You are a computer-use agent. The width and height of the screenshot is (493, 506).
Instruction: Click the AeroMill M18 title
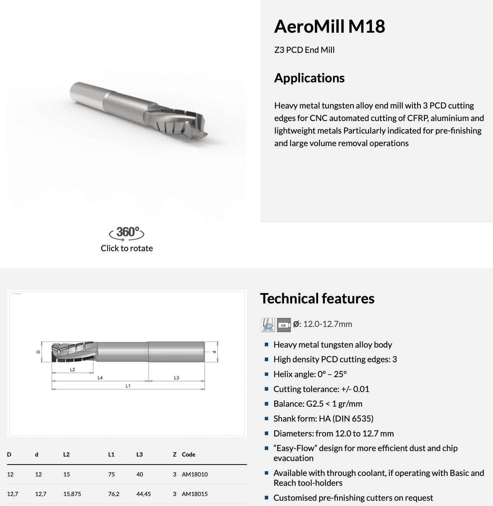point(329,26)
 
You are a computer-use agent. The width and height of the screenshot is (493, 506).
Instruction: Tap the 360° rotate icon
point(126,233)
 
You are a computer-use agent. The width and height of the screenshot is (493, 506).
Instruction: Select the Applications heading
point(309,78)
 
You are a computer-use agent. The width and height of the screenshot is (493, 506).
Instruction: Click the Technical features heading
point(317,299)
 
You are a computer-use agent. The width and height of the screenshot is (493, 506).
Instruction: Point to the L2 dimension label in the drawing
point(72,369)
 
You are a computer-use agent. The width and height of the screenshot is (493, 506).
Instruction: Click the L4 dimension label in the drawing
point(100,378)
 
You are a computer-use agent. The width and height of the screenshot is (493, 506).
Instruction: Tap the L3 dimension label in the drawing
point(176,378)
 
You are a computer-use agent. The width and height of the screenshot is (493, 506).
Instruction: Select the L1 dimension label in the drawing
point(128,386)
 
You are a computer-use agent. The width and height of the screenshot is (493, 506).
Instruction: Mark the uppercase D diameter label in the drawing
point(38,352)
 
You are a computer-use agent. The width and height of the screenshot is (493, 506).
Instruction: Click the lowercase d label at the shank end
point(214,352)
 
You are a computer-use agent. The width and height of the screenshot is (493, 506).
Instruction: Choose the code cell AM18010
point(195,474)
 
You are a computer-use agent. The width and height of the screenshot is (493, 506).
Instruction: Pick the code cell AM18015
point(195,494)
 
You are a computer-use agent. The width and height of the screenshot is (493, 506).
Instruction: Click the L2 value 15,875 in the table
point(72,494)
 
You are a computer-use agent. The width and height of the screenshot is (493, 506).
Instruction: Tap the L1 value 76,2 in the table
point(114,494)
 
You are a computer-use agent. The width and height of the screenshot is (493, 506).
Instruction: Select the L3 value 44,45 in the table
point(143,494)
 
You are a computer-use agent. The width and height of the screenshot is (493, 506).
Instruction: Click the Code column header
point(188,454)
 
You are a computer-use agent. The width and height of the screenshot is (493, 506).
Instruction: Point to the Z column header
point(175,454)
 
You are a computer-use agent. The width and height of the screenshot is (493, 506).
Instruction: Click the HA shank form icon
point(284,325)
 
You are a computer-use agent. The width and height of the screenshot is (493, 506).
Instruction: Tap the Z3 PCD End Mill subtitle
point(304,50)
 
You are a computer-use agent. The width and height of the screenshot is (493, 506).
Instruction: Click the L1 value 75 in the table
point(112,474)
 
